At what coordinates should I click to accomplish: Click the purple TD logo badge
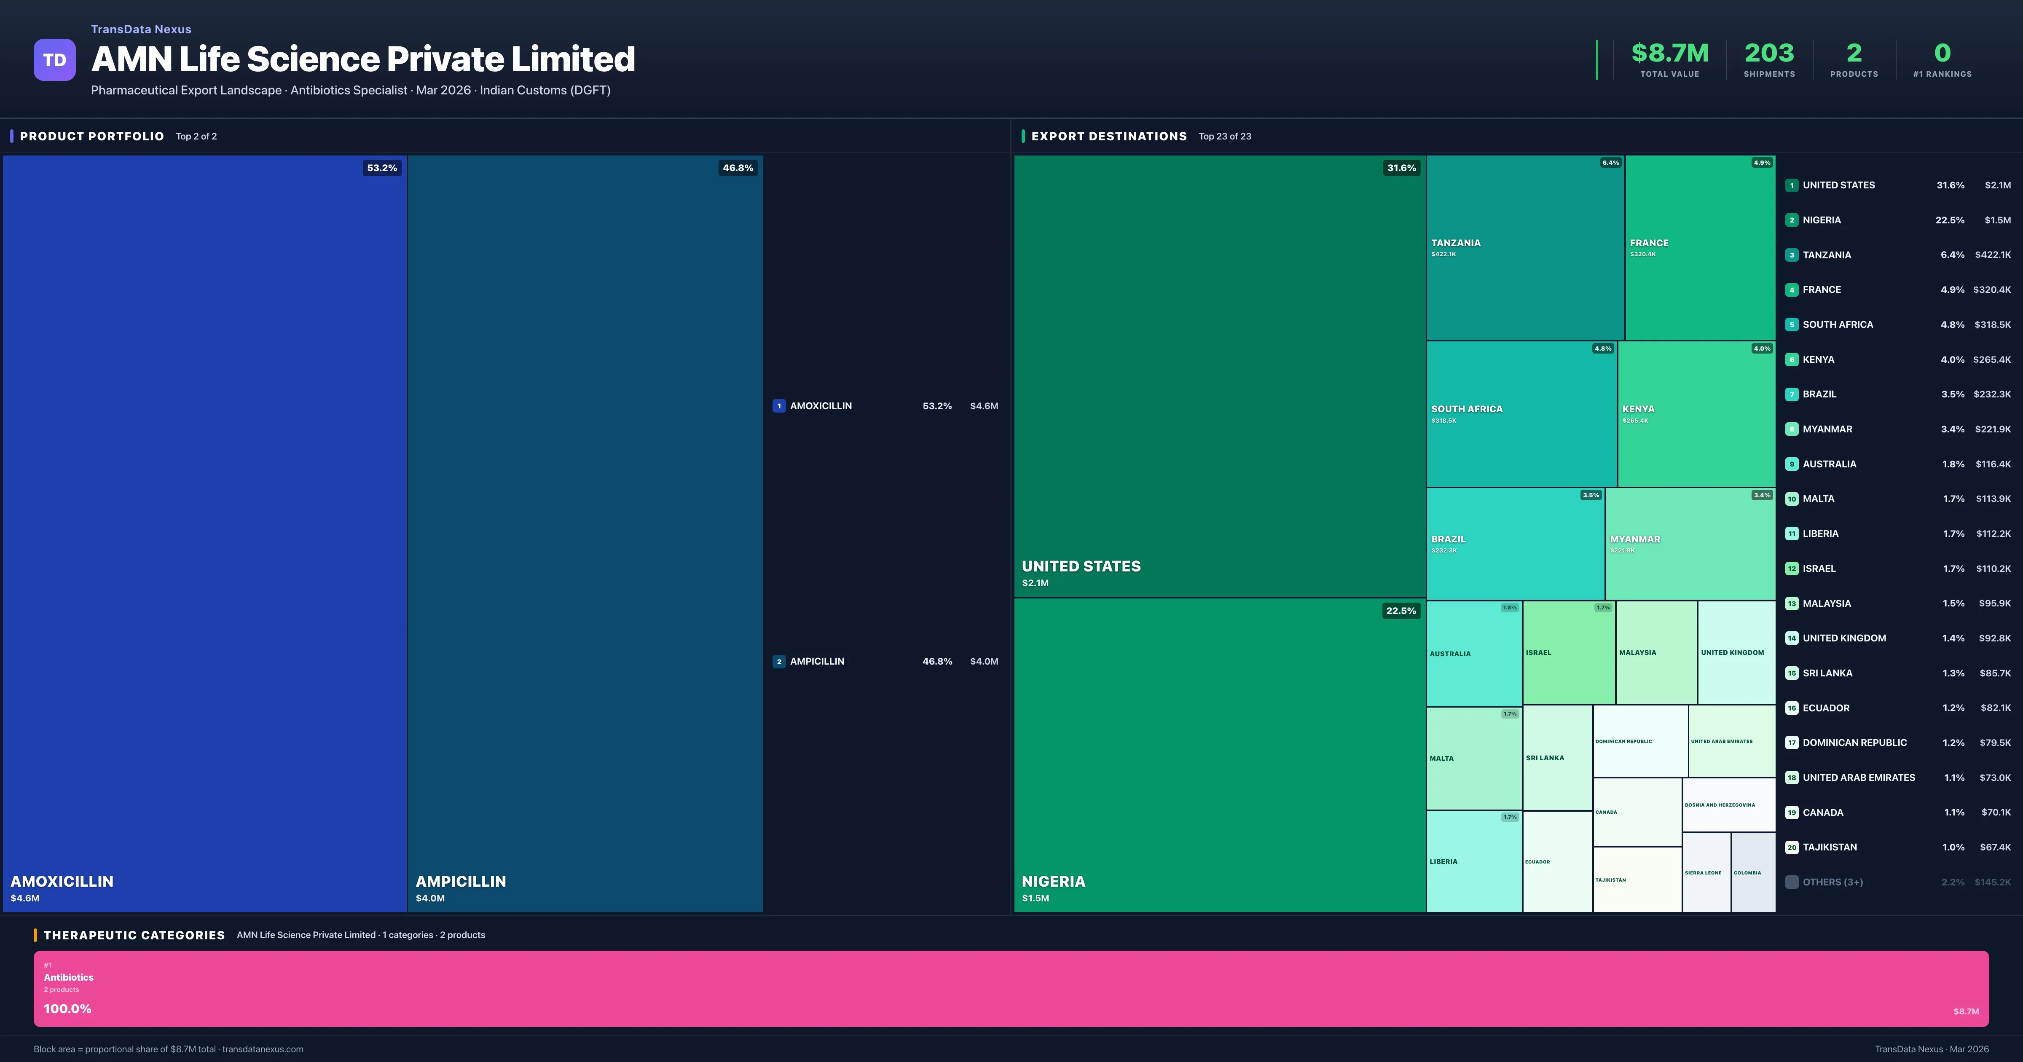(54, 60)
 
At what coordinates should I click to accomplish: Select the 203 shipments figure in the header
(1768, 54)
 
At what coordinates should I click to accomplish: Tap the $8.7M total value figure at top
(1669, 54)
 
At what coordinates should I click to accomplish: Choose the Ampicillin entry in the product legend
(817, 661)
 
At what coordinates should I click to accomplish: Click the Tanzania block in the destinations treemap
(1524, 247)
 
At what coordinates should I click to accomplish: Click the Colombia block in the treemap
(1753, 872)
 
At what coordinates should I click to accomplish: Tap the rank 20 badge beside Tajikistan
(1791, 847)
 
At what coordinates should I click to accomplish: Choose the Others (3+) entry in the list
(1832, 882)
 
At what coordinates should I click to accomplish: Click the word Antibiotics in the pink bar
(68, 977)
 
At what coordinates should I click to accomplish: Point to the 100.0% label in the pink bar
(67, 1008)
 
